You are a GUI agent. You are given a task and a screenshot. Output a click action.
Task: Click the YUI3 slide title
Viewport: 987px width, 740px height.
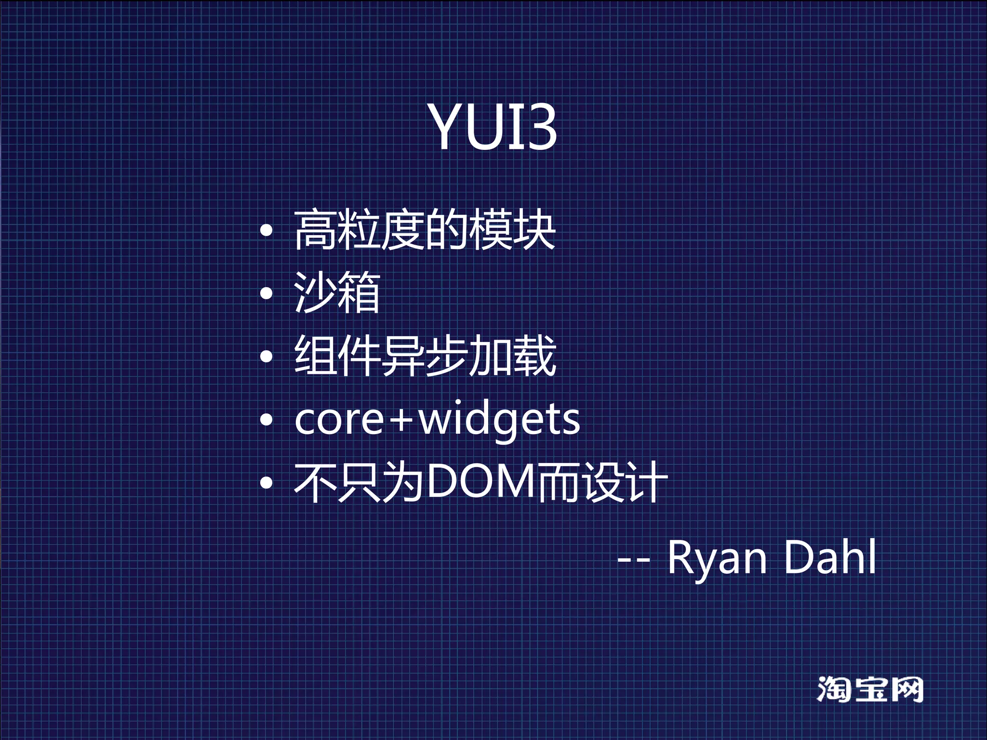point(493,126)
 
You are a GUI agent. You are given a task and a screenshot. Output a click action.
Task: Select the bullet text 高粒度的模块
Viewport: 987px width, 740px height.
point(425,230)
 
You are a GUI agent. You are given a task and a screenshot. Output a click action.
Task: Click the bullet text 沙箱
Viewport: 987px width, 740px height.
point(337,292)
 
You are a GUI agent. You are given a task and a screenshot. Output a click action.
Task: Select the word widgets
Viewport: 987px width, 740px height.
point(499,420)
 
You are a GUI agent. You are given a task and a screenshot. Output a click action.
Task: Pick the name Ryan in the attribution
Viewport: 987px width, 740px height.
point(717,557)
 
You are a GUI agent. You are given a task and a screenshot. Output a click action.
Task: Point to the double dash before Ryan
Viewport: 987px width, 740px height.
point(633,560)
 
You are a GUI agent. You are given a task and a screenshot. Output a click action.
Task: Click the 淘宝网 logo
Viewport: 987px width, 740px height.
point(870,689)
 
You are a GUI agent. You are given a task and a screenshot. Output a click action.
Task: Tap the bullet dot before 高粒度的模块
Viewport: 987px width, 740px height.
point(266,231)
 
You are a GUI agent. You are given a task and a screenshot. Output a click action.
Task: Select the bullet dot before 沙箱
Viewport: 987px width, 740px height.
point(266,293)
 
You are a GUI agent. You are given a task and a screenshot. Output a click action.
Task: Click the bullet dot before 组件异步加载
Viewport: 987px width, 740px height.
point(266,357)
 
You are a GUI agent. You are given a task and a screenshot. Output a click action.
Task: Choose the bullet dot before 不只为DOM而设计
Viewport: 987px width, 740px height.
point(266,482)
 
